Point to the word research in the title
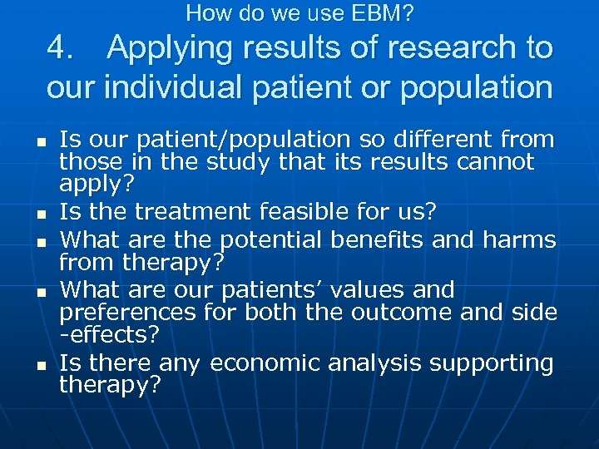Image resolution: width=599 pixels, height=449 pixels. coord(442,48)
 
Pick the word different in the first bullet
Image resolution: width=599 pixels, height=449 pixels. coord(425,139)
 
